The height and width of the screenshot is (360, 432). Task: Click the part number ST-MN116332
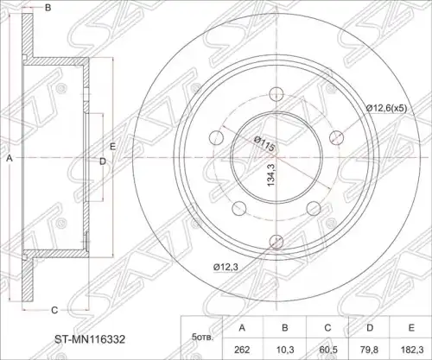(90, 339)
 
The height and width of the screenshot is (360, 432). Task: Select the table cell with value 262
(242, 350)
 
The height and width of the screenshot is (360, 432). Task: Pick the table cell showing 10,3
(284, 350)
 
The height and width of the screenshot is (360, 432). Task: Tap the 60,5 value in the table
(327, 350)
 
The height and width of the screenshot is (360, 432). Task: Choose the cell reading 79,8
(370, 350)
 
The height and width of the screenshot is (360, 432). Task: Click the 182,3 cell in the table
(412, 350)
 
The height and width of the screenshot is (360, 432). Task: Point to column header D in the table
(370, 328)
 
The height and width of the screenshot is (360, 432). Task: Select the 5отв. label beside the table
(202, 338)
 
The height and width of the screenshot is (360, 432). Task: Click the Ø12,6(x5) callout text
(386, 109)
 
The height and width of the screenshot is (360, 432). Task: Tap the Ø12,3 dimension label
(226, 268)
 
